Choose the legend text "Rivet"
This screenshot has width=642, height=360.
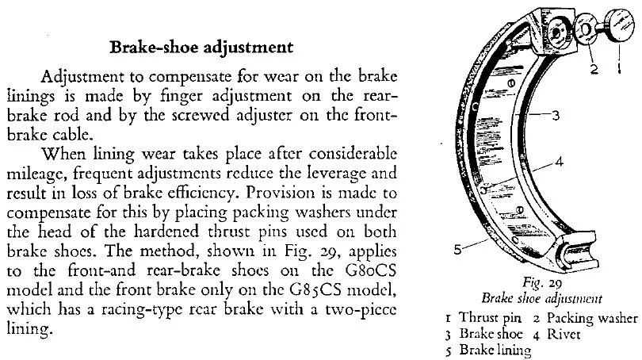tap(566, 334)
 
